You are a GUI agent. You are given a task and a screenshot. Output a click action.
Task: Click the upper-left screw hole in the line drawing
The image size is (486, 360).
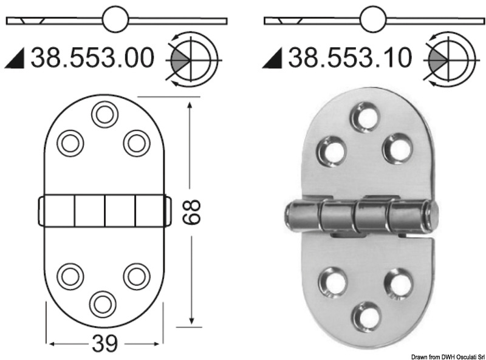tap(70, 143)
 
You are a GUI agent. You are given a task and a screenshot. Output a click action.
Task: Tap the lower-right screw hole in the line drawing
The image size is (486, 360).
tap(137, 276)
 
